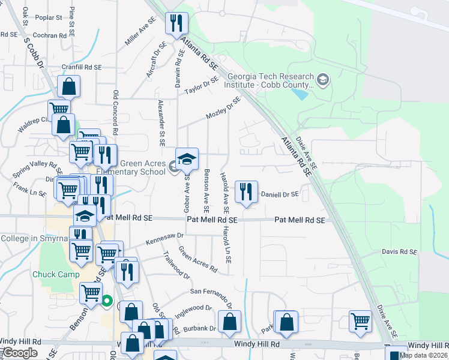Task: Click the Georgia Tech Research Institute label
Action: (x=271, y=80)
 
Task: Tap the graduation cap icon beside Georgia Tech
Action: (x=323, y=79)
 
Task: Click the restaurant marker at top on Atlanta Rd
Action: (x=176, y=23)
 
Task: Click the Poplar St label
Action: (x=49, y=17)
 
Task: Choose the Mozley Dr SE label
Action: (x=223, y=108)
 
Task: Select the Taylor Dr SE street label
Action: (x=201, y=86)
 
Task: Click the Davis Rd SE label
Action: (x=399, y=251)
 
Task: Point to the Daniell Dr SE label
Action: (x=279, y=194)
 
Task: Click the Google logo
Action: (x=20, y=353)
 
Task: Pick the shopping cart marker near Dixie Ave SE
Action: (x=360, y=320)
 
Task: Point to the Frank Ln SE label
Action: (x=30, y=193)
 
